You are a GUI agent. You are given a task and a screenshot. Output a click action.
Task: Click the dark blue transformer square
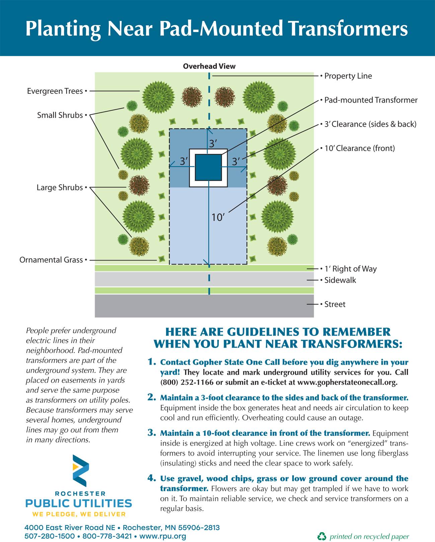point(208,168)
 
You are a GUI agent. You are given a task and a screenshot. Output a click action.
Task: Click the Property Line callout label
point(348,76)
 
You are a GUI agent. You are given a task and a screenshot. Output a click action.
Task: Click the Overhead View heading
point(209,66)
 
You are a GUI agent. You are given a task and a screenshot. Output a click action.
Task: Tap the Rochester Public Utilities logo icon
point(81,471)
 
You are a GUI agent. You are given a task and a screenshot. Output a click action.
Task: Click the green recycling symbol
point(322,536)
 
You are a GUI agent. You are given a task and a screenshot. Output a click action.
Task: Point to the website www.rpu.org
point(163,536)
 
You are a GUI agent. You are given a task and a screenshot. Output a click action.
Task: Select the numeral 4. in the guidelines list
point(152,478)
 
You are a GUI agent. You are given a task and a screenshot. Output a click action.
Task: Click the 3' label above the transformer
point(213,144)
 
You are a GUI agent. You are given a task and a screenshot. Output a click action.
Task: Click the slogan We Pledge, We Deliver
point(79,514)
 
